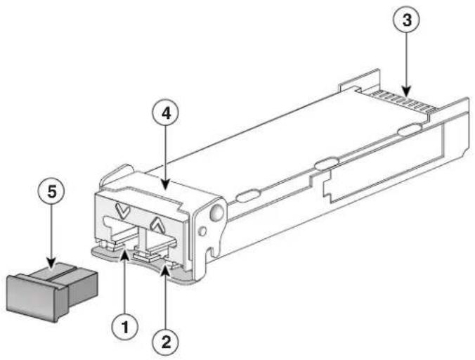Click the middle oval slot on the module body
pos(324,165)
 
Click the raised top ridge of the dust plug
pos(67,271)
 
